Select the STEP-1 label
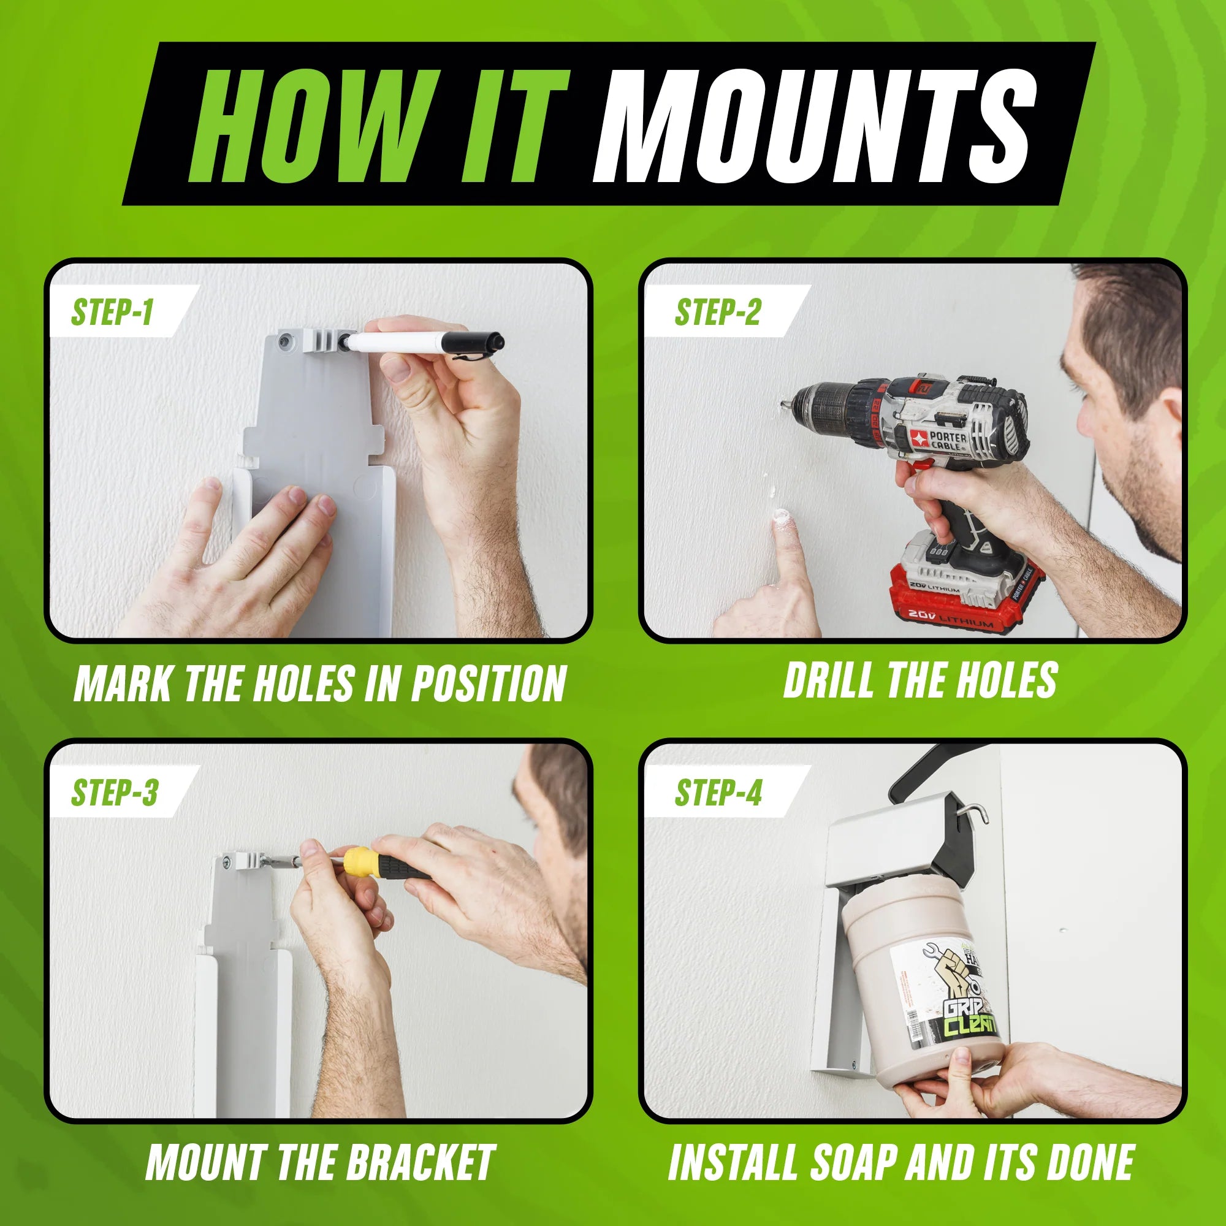[112, 312]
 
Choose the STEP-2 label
[718, 312]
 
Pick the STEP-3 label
[114, 793]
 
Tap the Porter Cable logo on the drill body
[940, 439]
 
